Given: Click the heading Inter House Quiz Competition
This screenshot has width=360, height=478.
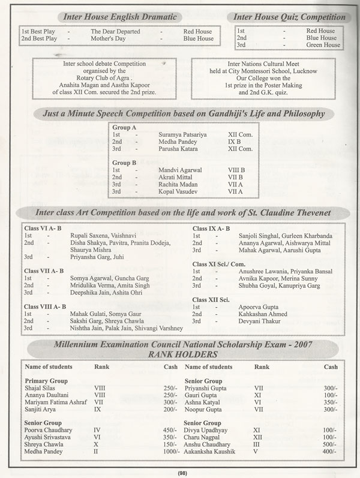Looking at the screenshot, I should point(289,16).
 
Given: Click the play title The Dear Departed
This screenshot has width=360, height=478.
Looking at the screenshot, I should point(115,31).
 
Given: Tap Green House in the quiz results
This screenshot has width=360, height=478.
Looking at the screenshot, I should point(323,45).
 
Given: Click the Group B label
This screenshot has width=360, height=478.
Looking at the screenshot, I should point(124,162).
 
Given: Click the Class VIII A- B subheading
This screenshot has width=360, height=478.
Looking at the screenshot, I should point(46,306).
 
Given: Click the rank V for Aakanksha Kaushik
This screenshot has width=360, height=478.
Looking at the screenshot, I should point(257,450).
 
